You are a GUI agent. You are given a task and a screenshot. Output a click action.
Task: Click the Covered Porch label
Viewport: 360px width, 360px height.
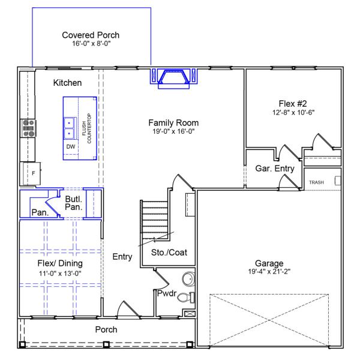click(91, 35)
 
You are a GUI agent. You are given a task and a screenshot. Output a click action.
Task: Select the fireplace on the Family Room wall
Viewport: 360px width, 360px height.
click(173, 77)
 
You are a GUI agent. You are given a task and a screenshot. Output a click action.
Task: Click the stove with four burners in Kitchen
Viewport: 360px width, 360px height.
click(28, 129)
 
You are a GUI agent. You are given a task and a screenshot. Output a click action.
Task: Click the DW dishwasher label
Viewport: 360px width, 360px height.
click(71, 146)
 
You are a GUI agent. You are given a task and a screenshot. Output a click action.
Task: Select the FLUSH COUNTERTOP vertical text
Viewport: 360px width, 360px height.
click(86, 128)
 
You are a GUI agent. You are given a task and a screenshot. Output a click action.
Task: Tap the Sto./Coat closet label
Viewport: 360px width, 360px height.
click(169, 253)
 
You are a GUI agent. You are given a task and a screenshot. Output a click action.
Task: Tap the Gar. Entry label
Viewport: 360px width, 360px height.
click(275, 169)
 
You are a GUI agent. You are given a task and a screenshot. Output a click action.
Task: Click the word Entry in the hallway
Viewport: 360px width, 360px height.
click(122, 257)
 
